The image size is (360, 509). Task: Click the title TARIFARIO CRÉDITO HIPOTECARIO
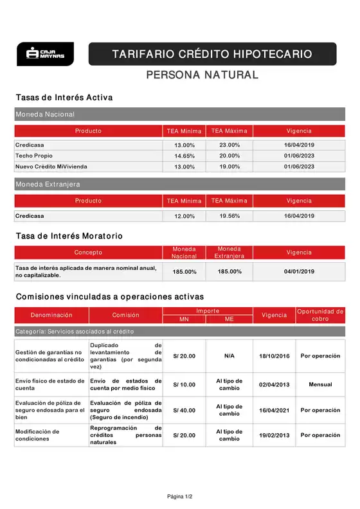(x=212, y=54)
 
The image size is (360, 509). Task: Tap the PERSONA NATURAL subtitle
(x=203, y=75)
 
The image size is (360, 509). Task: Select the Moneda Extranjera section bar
(x=179, y=184)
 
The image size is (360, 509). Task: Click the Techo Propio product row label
(x=34, y=156)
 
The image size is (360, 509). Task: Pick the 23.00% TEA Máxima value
(x=230, y=145)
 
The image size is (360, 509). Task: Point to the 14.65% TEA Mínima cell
(x=184, y=156)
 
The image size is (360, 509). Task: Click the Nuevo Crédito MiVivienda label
(x=51, y=166)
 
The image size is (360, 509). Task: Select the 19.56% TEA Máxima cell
(x=230, y=216)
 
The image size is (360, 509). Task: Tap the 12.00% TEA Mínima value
(x=184, y=217)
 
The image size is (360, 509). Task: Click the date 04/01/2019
(x=299, y=271)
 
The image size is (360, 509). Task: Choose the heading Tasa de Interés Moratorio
(x=69, y=236)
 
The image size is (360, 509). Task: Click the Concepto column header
(x=88, y=253)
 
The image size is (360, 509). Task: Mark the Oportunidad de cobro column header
(x=320, y=315)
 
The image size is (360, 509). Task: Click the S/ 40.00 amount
(x=184, y=410)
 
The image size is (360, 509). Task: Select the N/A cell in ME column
(x=230, y=355)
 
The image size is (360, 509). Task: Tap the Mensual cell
(x=320, y=384)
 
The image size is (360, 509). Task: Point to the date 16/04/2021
(x=274, y=410)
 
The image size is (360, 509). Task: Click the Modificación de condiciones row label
(x=37, y=435)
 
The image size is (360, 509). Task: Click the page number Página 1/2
(x=179, y=496)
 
